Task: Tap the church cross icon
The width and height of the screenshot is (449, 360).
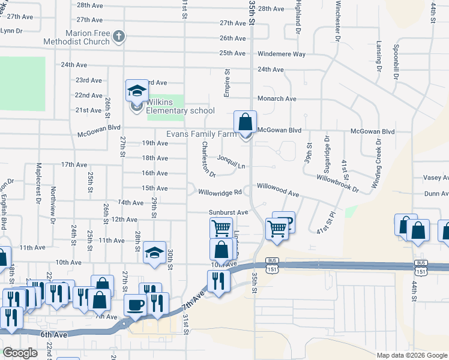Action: (x=119, y=37)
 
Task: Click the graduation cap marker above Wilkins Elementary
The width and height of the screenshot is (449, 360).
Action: (x=136, y=92)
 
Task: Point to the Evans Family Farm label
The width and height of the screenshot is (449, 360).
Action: (x=202, y=134)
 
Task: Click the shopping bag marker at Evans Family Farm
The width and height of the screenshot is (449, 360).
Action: (x=245, y=122)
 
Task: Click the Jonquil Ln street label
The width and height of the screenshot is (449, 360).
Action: (x=231, y=162)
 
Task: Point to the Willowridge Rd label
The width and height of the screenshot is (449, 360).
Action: (x=220, y=193)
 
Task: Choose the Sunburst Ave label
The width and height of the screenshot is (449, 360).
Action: (x=228, y=212)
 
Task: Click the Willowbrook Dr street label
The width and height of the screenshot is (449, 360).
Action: (x=337, y=183)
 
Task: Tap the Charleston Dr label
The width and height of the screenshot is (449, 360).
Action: (x=208, y=160)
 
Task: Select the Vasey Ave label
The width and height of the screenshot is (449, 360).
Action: (x=436, y=178)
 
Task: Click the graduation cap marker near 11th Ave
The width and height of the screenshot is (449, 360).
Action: (x=154, y=253)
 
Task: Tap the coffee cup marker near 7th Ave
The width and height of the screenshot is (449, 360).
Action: (x=135, y=304)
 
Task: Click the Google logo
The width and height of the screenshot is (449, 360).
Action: (x=20, y=353)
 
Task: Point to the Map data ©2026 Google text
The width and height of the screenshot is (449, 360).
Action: (x=411, y=355)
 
